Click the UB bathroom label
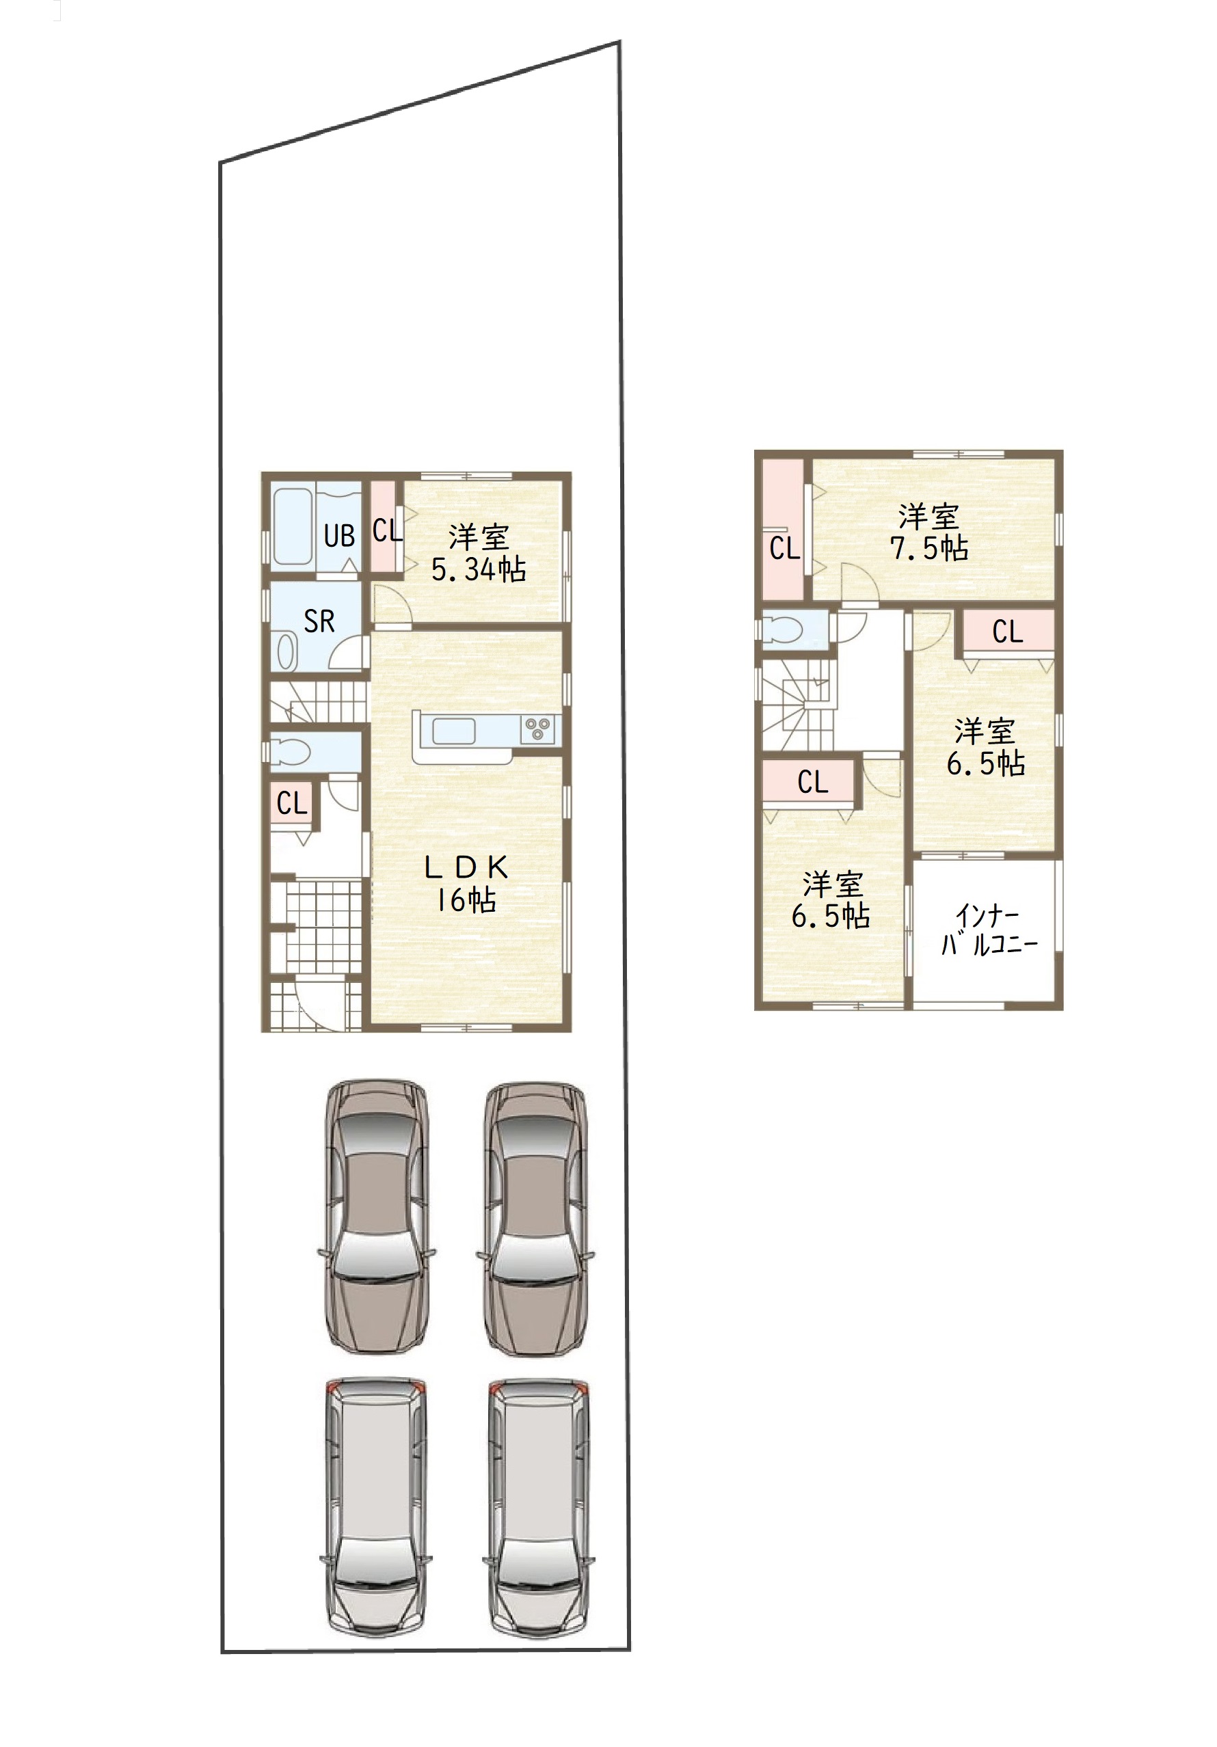click(x=338, y=536)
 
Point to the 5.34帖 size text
click(x=478, y=569)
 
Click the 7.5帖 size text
click(x=929, y=548)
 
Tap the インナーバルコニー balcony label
click(x=989, y=929)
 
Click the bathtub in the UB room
click(x=292, y=526)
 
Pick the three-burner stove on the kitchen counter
click(x=538, y=729)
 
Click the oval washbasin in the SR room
click(x=286, y=652)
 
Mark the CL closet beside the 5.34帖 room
click(x=384, y=526)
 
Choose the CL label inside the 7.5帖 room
click(x=784, y=548)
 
